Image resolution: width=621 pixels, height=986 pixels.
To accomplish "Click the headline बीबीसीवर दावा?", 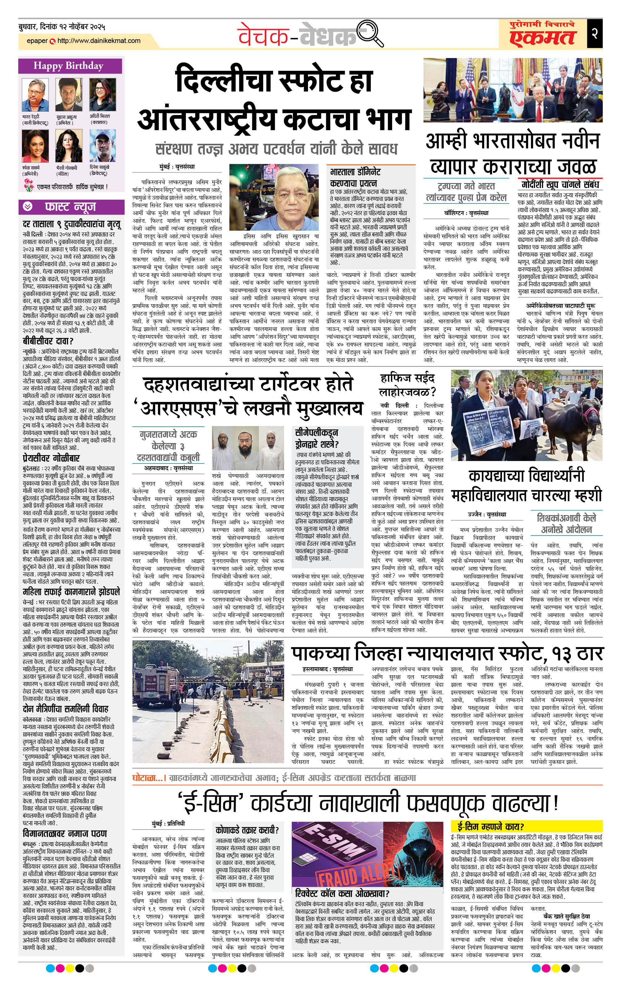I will click(x=48, y=341).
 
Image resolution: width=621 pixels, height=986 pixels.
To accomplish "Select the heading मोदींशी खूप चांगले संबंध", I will click(x=560, y=184).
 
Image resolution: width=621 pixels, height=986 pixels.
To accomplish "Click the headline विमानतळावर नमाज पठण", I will click(x=65, y=833).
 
